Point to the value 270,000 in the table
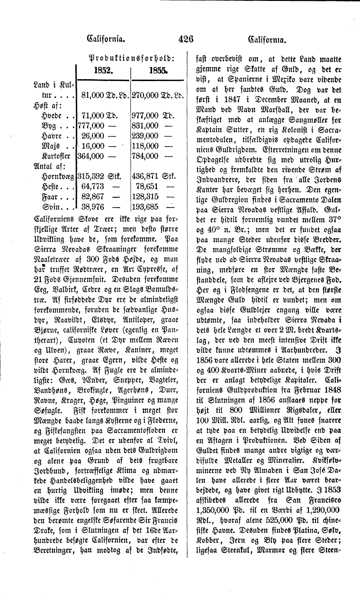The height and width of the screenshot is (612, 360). (x=145, y=95)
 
